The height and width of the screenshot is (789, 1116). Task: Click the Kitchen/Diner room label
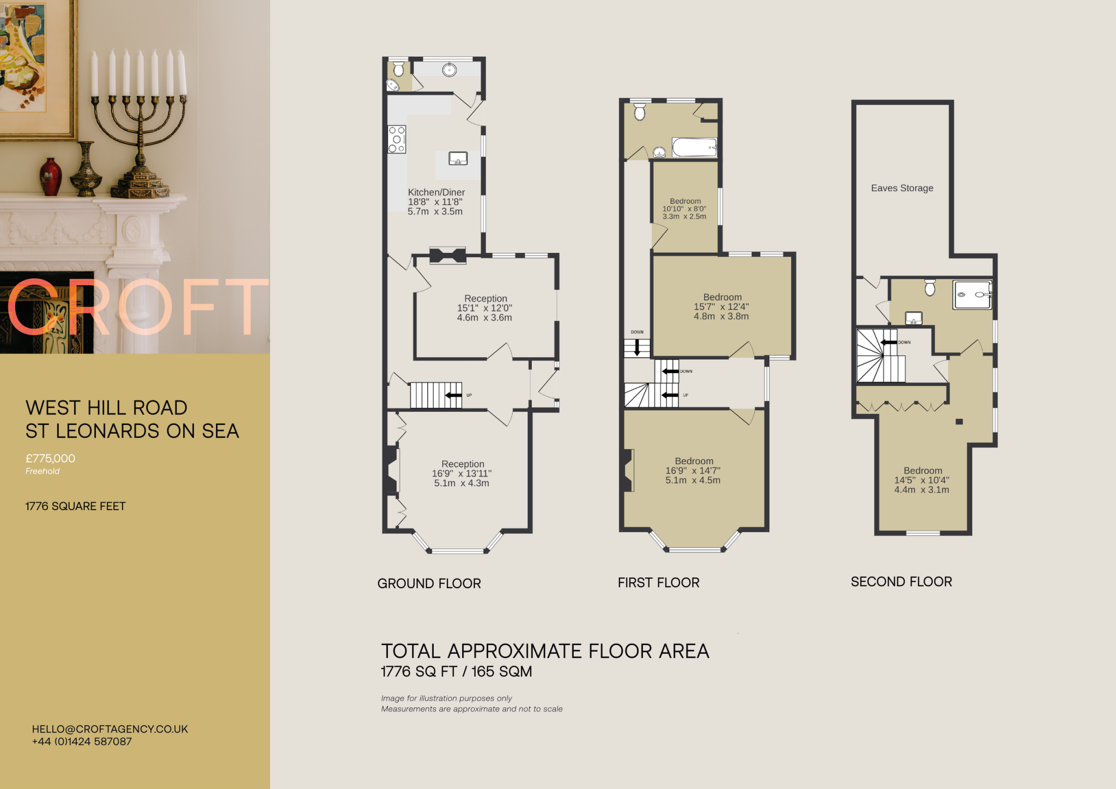click(436, 192)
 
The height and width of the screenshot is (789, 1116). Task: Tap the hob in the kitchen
click(397, 139)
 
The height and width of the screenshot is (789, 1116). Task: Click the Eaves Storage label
click(902, 188)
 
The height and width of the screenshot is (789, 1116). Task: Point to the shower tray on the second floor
click(972, 295)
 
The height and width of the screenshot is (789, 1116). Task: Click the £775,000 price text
click(50, 458)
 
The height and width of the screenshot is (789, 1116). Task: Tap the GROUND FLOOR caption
click(429, 584)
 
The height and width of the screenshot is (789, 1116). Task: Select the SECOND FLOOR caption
click(901, 582)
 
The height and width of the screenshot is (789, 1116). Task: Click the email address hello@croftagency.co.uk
click(110, 729)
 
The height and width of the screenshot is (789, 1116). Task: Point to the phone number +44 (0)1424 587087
click(82, 742)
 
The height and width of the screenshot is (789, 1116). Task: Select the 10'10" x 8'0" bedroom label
click(684, 209)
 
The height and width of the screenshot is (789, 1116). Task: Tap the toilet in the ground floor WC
click(399, 69)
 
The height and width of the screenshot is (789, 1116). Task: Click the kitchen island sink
click(458, 159)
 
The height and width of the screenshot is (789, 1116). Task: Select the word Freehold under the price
click(43, 471)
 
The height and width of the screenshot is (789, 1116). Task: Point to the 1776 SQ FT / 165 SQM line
click(456, 671)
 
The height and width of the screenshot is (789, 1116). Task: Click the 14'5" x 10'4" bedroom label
click(921, 480)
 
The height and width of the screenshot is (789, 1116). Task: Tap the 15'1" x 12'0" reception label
click(484, 308)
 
